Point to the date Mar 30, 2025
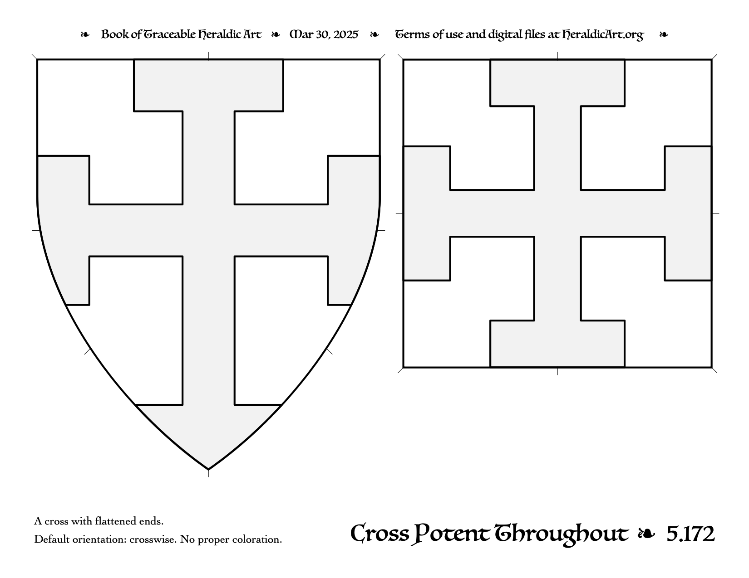324,34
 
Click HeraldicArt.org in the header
602,35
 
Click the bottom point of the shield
208,469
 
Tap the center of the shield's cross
208,230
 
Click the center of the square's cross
557,214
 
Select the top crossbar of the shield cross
208,85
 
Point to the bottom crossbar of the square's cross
557,344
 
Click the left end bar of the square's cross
427,214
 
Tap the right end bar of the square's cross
688,214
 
